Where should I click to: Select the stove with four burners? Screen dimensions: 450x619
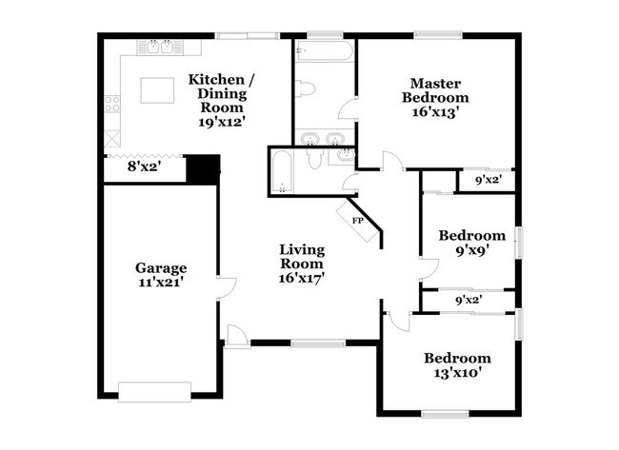tap(112, 104)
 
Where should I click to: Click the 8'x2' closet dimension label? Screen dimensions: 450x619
tap(144, 166)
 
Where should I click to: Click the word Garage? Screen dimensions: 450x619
tap(160, 267)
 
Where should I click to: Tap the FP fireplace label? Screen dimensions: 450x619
tap(358, 221)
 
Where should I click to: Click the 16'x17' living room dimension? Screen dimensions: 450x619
tap(302, 279)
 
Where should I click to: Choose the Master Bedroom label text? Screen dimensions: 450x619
tap(434, 90)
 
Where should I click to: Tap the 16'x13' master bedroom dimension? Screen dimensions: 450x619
tap(434, 111)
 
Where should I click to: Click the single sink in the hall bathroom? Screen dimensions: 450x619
tap(343, 155)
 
